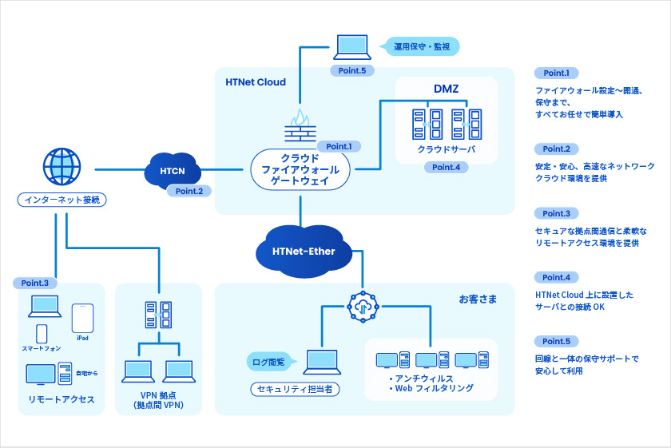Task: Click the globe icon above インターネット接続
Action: click(x=62, y=168)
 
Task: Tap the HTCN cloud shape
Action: click(x=172, y=170)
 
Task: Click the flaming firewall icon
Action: click(x=300, y=126)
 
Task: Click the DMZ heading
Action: click(x=446, y=89)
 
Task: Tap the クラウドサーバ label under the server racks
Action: click(x=446, y=149)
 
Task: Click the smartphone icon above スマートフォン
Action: click(x=42, y=333)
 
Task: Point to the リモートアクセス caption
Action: click(x=62, y=399)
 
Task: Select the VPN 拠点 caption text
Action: click(x=158, y=394)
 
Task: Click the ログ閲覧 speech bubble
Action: click(x=269, y=362)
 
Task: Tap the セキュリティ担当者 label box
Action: click(x=296, y=390)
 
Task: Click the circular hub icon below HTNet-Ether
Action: click(x=362, y=307)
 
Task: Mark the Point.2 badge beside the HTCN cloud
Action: click(x=189, y=191)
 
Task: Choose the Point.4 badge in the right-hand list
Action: click(x=556, y=277)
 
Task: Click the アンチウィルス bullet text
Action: click(x=421, y=378)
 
